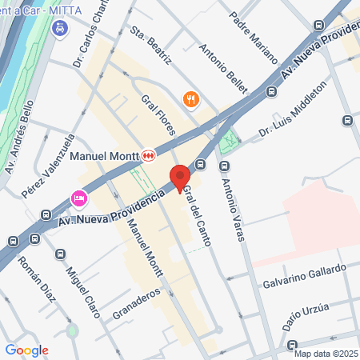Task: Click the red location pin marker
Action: click(x=179, y=177)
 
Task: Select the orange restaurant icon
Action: click(x=190, y=99)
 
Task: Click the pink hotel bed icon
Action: click(x=78, y=197)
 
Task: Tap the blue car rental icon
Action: click(x=59, y=28)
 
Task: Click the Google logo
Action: click(x=26, y=350)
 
